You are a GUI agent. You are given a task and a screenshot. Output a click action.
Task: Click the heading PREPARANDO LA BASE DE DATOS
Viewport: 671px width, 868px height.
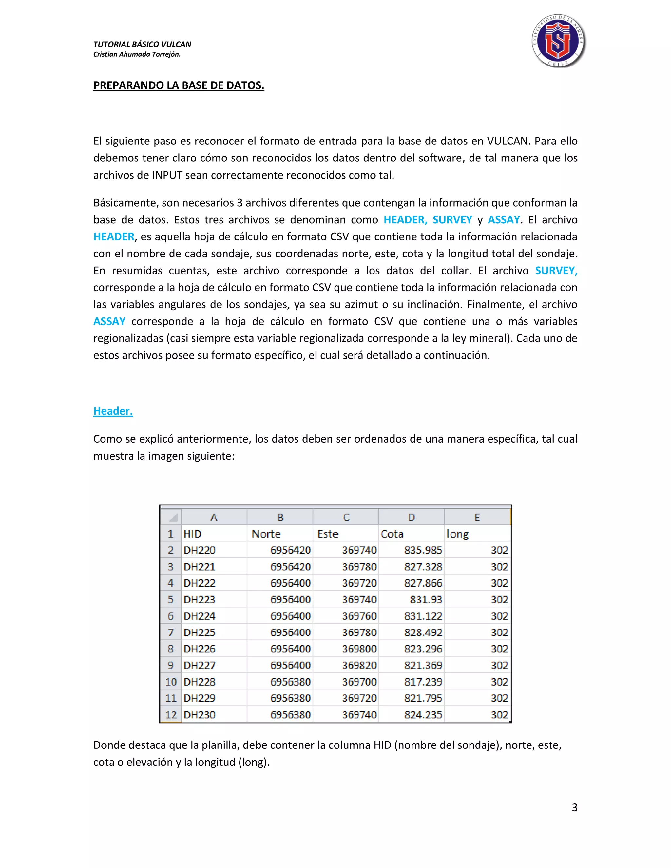tap(179, 85)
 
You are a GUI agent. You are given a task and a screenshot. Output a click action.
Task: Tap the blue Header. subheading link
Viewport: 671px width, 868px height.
tap(113, 411)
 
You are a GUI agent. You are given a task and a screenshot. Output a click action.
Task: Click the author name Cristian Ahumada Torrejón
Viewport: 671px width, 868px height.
tap(137, 54)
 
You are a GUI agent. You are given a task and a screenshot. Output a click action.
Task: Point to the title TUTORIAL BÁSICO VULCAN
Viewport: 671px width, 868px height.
tap(142, 44)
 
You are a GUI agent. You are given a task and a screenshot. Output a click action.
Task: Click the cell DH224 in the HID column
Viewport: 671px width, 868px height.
tap(199, 616)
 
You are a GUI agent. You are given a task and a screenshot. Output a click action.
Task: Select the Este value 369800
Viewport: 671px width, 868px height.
tap(359, 649)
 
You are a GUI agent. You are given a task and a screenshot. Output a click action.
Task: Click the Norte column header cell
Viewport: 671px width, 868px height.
tap(266, 534)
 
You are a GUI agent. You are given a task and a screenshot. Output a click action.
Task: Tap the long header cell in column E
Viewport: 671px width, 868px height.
tap(457, 534)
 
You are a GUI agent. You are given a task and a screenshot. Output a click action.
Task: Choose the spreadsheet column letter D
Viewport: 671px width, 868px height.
tap(412, 517)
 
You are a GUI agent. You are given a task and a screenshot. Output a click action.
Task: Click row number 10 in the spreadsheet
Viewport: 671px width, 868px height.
tap(170, 682)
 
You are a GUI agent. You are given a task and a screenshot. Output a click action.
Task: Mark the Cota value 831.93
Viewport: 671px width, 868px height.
tap(426, 599)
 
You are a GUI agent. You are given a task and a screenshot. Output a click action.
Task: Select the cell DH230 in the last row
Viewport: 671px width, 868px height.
tap(199, 715)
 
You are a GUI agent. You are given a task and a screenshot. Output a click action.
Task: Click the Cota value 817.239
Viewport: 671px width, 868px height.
tap(423, 682)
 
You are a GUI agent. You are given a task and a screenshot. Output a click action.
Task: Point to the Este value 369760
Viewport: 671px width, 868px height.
tap(359, 616)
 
